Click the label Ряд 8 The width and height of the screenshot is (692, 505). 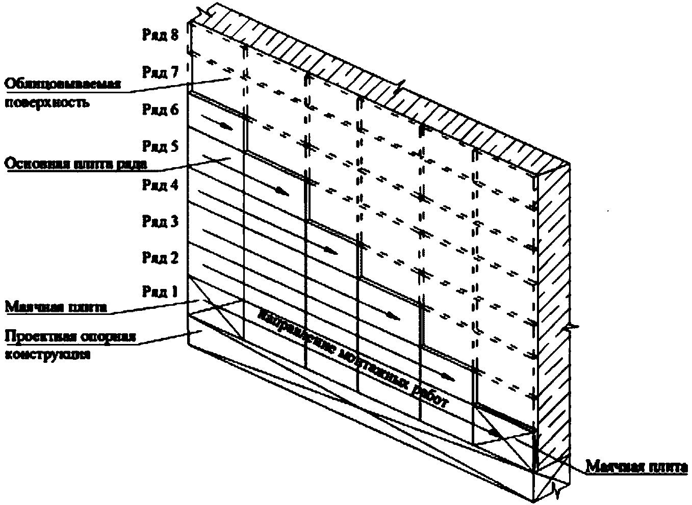pos(160,36)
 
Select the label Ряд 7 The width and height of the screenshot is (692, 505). pos(160,73)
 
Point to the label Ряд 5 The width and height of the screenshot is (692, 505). pos(160,147)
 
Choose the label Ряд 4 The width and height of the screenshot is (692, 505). pos(160,184)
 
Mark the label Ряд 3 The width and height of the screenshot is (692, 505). pos(160,222)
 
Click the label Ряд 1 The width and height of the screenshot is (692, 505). pos(160,292)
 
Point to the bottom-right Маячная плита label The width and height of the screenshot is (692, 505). pos(636,467)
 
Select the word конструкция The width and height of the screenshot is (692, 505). pos(48,355)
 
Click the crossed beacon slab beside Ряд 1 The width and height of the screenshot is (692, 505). pos(216,308)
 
